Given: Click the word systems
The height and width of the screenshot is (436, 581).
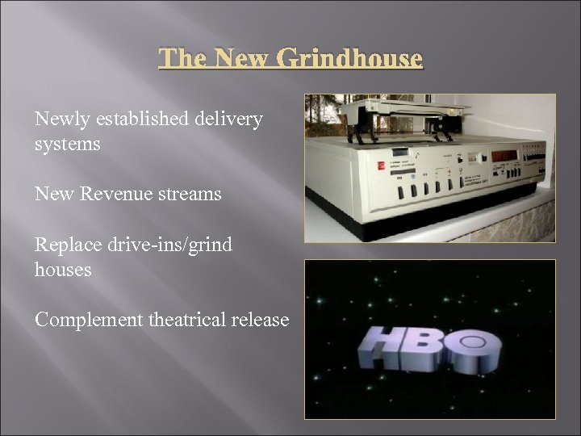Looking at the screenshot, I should coord(68,144).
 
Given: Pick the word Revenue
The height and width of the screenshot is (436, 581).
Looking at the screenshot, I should coord(111,194).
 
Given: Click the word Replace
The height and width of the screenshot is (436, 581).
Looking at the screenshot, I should coord(66,244).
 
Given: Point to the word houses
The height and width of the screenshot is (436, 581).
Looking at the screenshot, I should coord(63,269).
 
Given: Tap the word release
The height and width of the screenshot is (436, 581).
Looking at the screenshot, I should coord(260,320).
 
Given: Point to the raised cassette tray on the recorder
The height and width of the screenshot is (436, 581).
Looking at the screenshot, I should coord(403,113).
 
